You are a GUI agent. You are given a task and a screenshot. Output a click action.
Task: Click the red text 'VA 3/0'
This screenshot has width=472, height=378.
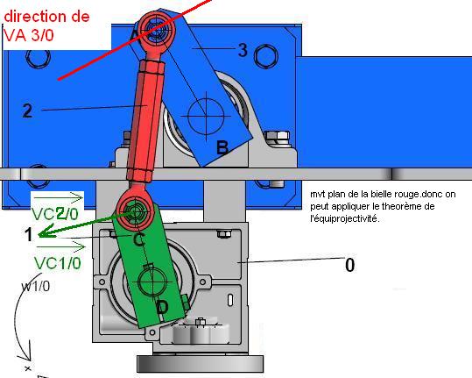(29, 35)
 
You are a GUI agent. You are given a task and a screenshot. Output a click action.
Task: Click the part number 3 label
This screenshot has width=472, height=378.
(243, 50)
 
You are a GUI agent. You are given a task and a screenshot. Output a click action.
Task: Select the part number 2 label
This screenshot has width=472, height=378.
(27, 111)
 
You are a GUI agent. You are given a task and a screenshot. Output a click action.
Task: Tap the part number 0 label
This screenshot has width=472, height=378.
(349, 265)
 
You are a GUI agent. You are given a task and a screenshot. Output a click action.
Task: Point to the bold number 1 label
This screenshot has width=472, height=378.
(29, 234)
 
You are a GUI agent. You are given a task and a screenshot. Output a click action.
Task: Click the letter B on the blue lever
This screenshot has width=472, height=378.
(222, 147)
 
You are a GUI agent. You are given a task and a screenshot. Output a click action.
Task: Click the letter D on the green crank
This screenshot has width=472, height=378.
(163, 308)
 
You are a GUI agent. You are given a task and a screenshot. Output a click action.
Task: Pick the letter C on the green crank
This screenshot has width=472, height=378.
(138, 240)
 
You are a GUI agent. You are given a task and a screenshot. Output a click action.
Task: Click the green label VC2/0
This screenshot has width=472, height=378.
(55, 214)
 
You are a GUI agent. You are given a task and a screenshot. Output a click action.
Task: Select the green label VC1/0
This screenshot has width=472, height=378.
(58, 263)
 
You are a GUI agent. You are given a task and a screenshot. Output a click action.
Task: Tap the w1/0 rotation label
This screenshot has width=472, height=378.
(36, 287)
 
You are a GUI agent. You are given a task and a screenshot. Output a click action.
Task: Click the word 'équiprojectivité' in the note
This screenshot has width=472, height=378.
(345, 218)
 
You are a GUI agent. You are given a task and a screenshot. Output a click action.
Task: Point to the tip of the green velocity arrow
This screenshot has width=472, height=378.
(39, 235)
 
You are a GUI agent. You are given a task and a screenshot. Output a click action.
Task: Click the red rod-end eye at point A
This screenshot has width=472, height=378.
(156, 30)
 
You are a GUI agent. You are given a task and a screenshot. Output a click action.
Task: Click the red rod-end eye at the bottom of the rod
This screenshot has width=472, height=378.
(135, 210)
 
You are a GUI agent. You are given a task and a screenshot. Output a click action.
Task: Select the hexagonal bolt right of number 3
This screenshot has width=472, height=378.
(266, 56)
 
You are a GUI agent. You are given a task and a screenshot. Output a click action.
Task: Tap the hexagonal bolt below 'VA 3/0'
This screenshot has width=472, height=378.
(38, 58)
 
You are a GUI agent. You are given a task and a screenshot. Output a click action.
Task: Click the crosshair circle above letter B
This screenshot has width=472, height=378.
(206, 116)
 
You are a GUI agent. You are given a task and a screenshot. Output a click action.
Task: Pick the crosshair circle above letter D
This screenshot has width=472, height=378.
(152, 282)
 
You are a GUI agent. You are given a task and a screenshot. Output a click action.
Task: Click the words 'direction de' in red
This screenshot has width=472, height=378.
(46, 17)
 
